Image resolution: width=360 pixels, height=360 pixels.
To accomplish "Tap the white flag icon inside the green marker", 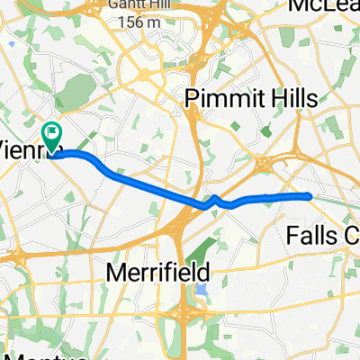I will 51,133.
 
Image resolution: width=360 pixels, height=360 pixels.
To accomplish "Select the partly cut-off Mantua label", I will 36,354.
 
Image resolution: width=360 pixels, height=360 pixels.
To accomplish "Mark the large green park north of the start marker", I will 78,93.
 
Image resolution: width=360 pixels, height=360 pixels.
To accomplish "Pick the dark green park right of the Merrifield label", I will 217,238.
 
